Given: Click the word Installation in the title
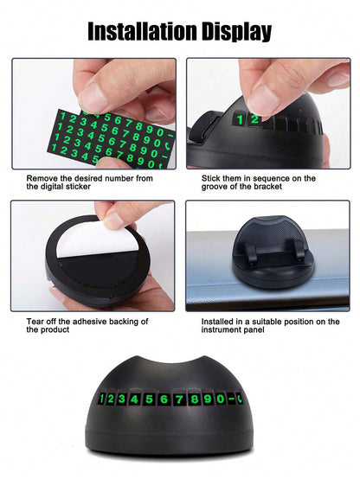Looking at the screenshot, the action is point(142,31).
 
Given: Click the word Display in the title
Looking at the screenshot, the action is point(236,32).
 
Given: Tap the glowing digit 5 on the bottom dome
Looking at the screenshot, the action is point(149,399).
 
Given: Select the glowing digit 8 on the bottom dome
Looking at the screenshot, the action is point(193,399).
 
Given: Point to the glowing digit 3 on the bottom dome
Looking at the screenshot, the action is point(121,399).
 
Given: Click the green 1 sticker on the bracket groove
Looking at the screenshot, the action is point(241,120).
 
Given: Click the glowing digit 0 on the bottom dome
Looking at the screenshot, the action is point(220,399).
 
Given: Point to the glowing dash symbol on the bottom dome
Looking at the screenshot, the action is point(232,399).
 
